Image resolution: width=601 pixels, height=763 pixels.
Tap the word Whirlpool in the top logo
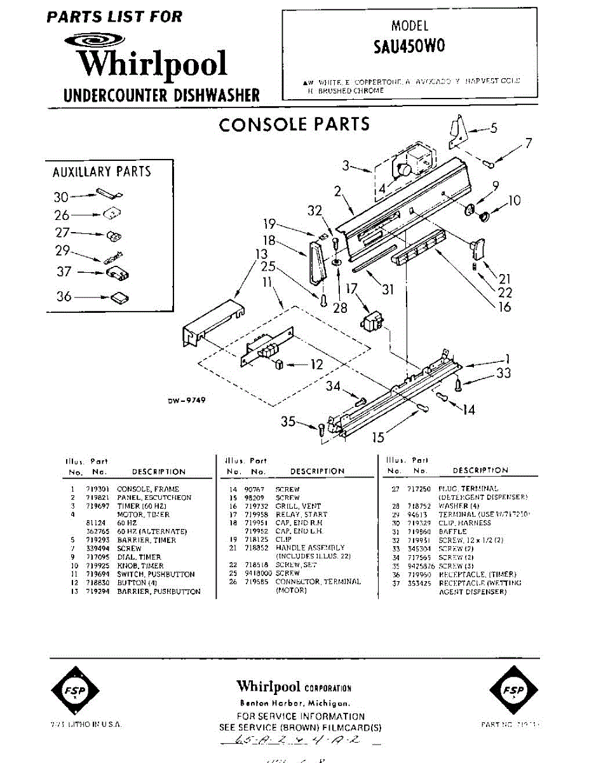pos(152,64)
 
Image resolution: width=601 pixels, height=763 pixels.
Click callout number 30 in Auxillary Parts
pos(61,198)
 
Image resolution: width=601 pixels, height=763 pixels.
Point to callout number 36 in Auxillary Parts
pos(64,296)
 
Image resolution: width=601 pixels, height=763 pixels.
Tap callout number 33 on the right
pos(503,373)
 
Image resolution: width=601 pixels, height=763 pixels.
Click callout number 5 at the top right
pos(493,128)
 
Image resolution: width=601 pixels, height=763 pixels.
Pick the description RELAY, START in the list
pos(302,514)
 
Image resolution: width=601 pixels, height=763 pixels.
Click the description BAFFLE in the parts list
pos(452,532)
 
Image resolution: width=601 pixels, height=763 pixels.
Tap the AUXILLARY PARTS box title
pos(102,172)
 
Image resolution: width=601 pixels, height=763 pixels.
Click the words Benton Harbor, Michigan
pos(294,703)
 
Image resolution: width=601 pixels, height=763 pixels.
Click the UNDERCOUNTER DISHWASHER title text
pos(162,96)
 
